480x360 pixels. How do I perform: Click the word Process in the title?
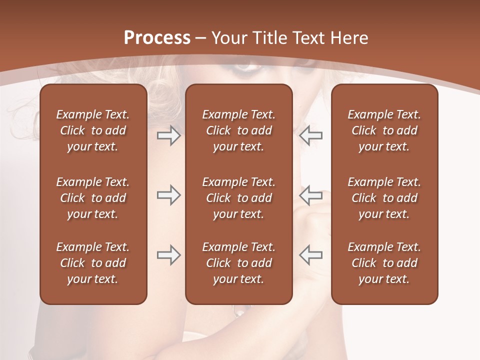tap(157, 38)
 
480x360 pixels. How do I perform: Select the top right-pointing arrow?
tap(169, 135)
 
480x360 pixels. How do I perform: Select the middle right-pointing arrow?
tap(169, 195)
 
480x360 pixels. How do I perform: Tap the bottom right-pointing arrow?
tap(169, 255)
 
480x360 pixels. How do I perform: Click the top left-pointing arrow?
tap(310, 135)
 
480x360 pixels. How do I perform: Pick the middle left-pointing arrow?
tap(310, 195)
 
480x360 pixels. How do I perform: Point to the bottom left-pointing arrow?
tap(310, 255)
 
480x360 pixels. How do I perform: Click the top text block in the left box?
tap(93, 130)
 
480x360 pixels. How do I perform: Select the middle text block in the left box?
tap(93, 198)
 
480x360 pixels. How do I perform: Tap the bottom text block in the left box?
tap(93, 263)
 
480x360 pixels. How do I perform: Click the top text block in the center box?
tap(238, 130)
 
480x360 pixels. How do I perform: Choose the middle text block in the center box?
tap(238, 198)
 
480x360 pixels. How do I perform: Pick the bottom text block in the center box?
tap(238, 263)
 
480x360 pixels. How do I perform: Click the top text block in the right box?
tap(384, 130)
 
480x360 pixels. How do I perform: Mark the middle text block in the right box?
tap(384, 198)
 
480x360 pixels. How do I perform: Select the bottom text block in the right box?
tap(384, 263)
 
